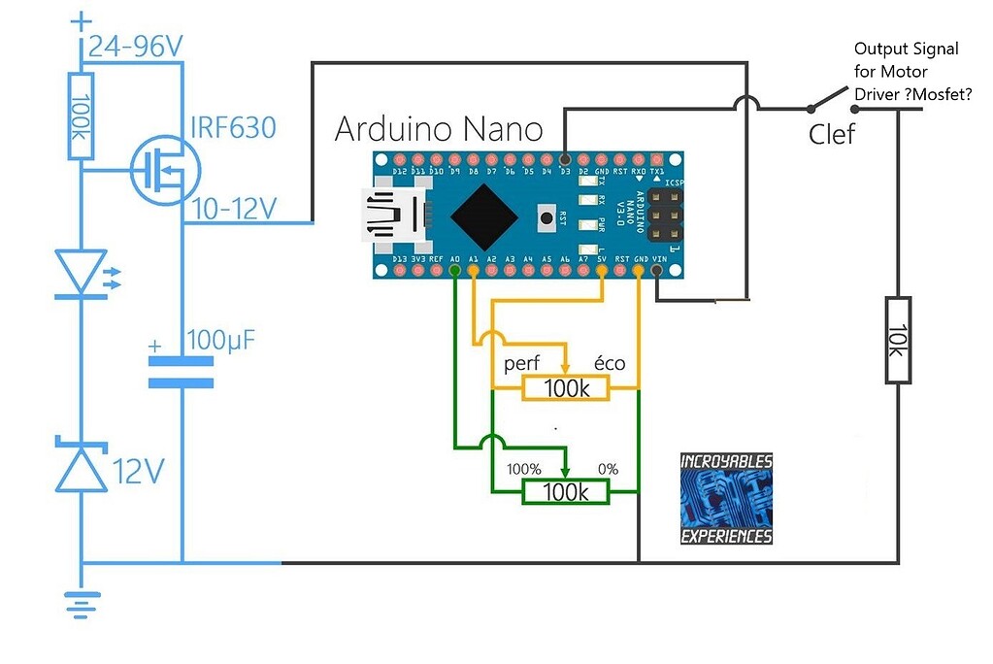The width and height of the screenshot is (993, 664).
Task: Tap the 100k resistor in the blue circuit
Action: point(82,116)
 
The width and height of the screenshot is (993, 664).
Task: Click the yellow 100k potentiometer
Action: point(566,388)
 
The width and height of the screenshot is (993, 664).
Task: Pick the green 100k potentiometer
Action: point(566,492)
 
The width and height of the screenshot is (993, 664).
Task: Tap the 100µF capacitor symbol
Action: point(181,372)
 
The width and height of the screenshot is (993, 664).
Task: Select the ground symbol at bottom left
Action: point(81,604)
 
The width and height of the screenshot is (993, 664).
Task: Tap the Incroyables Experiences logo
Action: point(726,498)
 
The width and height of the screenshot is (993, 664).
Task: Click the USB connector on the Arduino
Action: point(393,214)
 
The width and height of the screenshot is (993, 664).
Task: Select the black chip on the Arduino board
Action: point(482,216)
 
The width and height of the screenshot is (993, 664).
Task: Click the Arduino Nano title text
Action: point(438,129)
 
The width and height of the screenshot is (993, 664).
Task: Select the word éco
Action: point(610,364)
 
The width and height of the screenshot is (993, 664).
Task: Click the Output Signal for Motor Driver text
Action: point(905,72)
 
